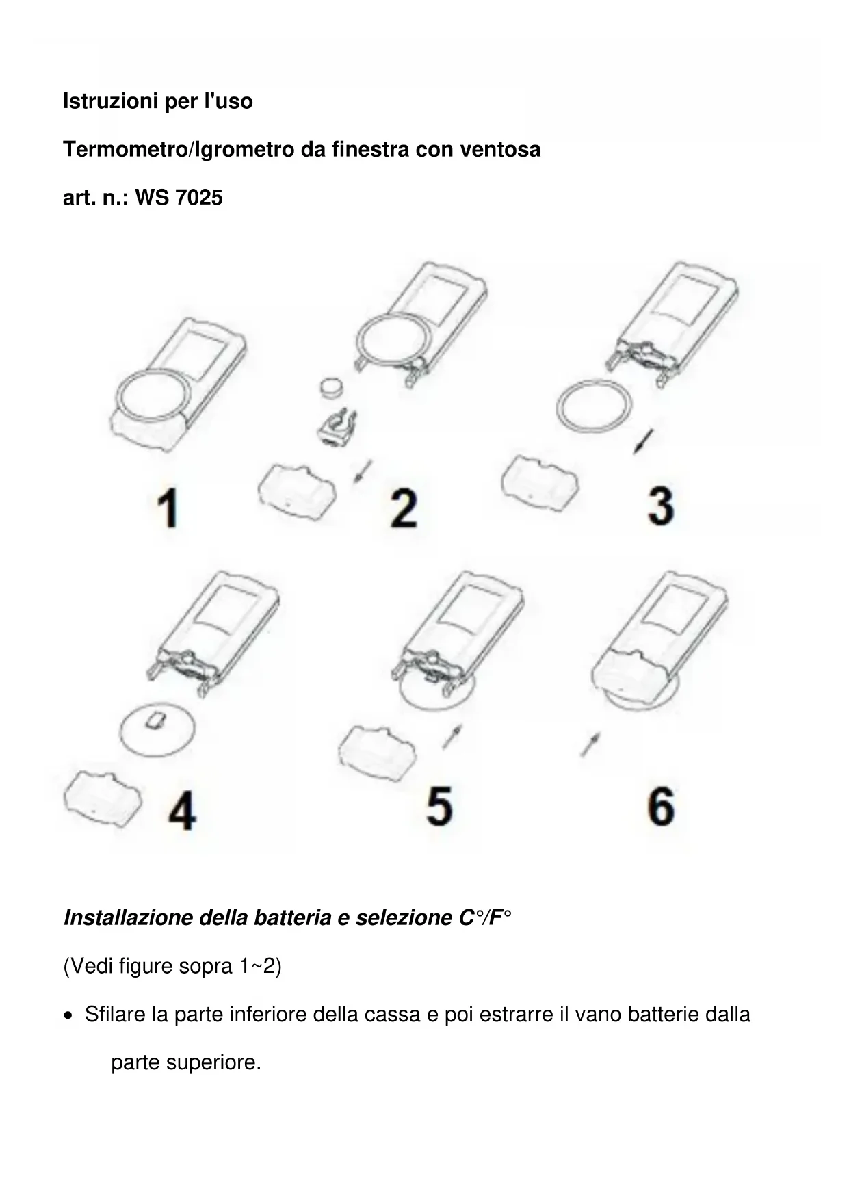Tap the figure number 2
click(404, 508)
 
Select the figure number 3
click(661, 506)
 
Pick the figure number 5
click(439, 805)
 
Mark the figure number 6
click(661, 805)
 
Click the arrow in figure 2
click(363, 471)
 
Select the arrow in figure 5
click(452, 737)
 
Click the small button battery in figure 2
click(332, 387)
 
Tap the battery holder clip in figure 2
click(337, 428)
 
